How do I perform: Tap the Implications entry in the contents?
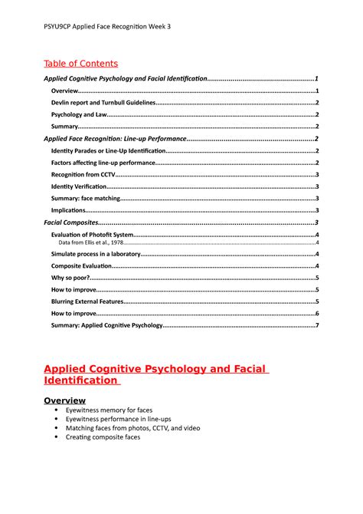coord(69,210)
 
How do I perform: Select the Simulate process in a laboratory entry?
coord(96,254)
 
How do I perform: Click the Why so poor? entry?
coord(71,278)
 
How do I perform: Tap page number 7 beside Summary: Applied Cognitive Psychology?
coord(317,325)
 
